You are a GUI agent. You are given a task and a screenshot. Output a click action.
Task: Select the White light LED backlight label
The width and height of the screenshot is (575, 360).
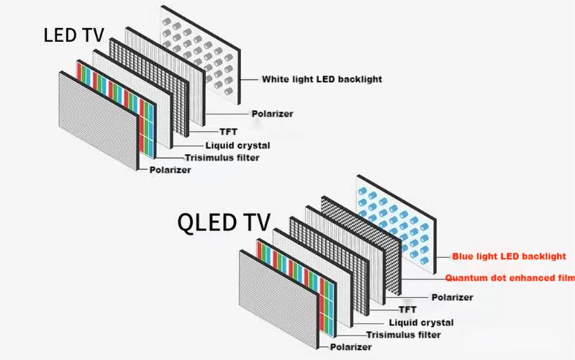[x=321, y=78]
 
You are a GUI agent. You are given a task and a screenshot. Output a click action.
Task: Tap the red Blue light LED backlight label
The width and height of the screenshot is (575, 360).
[x=508, y=256]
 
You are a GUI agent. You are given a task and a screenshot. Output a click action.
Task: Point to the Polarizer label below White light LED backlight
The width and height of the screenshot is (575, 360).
[x=272, y=113]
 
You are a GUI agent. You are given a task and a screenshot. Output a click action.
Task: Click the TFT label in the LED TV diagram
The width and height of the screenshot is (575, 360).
[x=228, y=131]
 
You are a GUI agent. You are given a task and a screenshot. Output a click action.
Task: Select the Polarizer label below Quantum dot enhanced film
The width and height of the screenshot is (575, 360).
[x=452, y=297]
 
